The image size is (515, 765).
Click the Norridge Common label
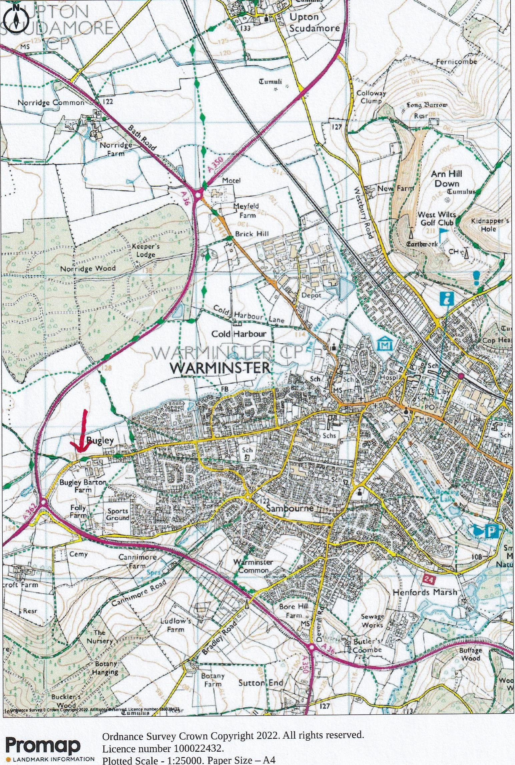point(51,103)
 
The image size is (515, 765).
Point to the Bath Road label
point(142,138)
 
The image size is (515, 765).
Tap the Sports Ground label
point(117,514)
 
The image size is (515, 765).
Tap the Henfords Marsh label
point(424,592)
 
